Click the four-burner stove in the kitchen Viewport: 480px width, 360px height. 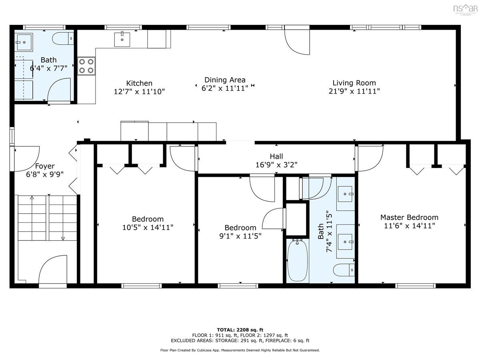pos(86,66)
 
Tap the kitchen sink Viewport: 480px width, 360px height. pos(122,40)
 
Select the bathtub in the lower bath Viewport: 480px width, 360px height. pos(297,260)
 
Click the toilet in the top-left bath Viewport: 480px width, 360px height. pos(63,39)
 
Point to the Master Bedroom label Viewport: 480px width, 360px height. pos(409,217)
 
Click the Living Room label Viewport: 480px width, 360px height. pos(354,83)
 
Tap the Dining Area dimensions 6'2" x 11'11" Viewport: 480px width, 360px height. pos(224,88)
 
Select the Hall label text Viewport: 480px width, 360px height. pos(276,156)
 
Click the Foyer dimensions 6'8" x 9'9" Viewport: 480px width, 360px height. pos(45,174)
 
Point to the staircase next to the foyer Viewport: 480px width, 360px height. pos(47,218)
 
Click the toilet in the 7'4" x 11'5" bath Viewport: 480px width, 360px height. pos(344,270)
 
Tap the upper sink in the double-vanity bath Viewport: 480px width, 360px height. pos(345,194)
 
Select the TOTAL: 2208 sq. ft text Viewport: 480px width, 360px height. pos(240,330)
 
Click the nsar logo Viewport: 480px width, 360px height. pos(465,8)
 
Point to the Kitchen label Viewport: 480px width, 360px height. pos(139,83)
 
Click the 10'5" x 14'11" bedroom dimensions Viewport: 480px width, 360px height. pos(148,228)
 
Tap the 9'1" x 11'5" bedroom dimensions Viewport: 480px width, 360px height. pos(240,236)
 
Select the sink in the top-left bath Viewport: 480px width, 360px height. pos(24,42)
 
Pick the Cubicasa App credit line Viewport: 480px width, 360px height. pos(240,350)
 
